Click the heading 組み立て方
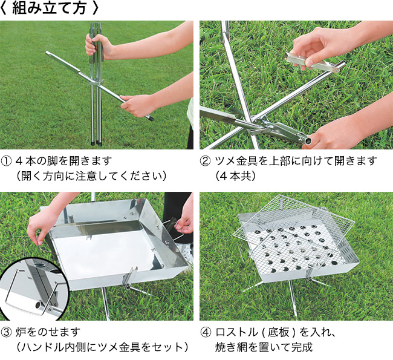pyautogui.click(x=49, y=8)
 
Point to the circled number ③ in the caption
pyautogui.click(x=6, y=332)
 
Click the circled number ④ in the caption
pyautogui.click(x=206, y=332)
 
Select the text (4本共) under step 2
pyautogui.click(x=235, y=176)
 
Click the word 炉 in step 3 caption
pyautogui.click(x=21, y=332)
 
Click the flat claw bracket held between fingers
pyautogui.click(x=311, y=63)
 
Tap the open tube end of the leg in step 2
pyautogui.click(x=307, y=140)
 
